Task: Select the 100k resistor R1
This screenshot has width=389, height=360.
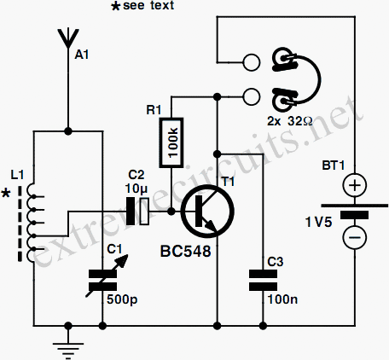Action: click(x=171, y=142)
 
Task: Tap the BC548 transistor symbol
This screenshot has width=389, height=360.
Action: click(x=207, y=212)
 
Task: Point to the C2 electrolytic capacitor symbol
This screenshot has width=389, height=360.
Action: click(x=137, y=212)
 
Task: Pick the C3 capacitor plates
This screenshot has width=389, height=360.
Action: click(x=263, y=281)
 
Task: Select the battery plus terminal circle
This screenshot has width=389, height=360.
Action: click(x=355, y=185)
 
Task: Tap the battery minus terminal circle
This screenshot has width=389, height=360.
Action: click(x=355, y=238)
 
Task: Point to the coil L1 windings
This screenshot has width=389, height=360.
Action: click(x=32, y=223)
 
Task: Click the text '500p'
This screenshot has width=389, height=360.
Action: click(x=122, y=299)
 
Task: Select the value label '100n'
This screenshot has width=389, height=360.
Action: click(x=282, y=299)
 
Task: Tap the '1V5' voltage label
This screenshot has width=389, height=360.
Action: click(x=318, y=222)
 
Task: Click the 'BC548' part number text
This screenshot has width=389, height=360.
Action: click(x=185, y=252)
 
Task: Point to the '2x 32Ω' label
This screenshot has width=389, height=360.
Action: click(x=290, y=121)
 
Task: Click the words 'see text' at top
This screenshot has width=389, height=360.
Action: click(x=148, y=6)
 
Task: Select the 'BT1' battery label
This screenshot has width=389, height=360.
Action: click(x=334, y=165)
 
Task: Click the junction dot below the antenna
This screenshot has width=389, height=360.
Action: click(x=68, y=131)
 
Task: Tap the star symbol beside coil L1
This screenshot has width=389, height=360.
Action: click(x=6, y=193)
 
